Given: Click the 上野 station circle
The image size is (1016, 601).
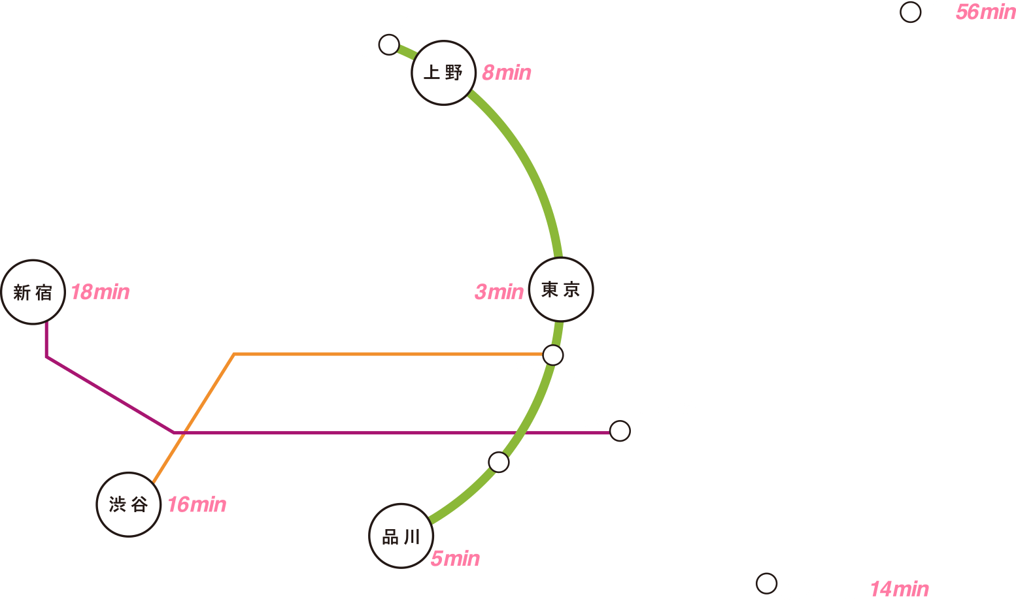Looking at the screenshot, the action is (443, 73).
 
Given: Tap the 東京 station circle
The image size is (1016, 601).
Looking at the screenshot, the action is (561, 289).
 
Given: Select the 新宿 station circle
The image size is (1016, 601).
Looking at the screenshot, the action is (33, 293).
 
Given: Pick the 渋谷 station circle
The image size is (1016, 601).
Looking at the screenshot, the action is (128, 504).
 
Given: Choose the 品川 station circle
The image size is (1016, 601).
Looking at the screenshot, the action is (401, 536).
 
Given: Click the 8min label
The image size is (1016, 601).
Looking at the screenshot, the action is (506, 73).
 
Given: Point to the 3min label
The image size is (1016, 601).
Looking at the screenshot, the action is (499, 292).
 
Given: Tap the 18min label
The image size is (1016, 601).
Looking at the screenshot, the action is (100, 292).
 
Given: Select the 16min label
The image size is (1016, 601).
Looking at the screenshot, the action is (197, 504).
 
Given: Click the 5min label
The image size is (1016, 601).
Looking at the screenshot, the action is (455, 559).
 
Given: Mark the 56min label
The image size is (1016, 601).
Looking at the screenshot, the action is (986, 12).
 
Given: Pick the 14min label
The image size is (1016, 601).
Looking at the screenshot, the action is (900, 589).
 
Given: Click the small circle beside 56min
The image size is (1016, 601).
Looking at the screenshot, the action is (910, 12).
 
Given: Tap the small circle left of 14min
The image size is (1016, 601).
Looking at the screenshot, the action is (766, 583).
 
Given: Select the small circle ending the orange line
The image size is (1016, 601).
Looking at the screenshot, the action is (553, 355).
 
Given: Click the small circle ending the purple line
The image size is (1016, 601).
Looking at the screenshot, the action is (620, 430).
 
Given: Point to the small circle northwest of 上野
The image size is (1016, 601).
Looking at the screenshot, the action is (389, 45).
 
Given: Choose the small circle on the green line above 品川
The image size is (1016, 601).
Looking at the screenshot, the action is (498, 463).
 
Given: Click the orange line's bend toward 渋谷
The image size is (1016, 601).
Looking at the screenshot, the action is (234, 354).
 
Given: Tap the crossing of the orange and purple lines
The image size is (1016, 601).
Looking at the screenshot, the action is (184, 433).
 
